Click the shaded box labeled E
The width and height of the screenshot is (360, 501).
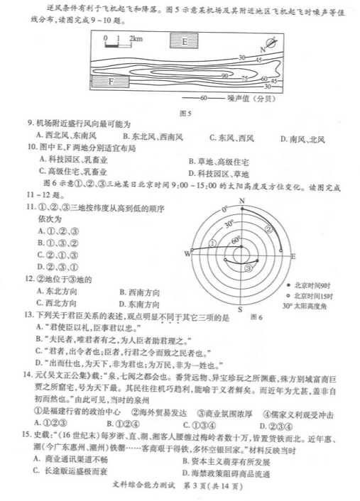pyautogui.click(x=186, y=41)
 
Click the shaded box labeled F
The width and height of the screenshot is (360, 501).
pyautogui.click(x=111, y=82)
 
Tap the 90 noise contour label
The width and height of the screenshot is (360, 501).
pyautogui.click(x=224, y=75)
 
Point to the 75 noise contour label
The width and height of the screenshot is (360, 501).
pyautogui.click(x=244, y=79)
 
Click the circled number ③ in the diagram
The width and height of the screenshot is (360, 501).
pyautogui.click(x=248, y=268)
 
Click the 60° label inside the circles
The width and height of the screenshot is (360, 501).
pyautogui.click(x=235, y=242)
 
